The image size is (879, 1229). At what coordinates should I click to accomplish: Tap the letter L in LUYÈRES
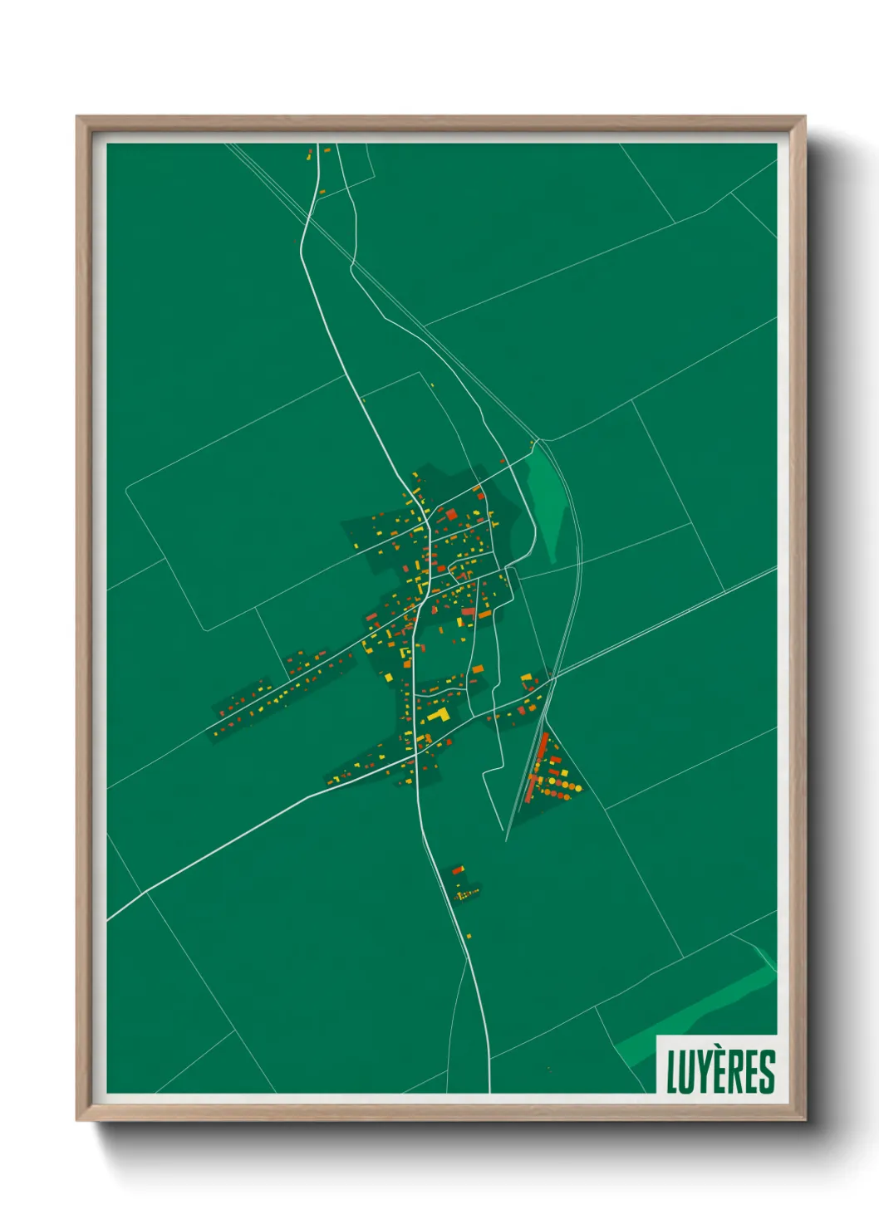pyautogui.click(x=672, y=1072)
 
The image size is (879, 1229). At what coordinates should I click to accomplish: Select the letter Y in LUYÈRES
pyautogui.click(x=701, y=1072)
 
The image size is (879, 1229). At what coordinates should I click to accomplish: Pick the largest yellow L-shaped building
pyautogui.click(x=439, y=714)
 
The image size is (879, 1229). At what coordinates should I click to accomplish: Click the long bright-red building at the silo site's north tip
pyautogui.click(x=543, y=747)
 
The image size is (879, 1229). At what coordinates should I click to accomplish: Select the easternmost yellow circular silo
pyautogui.click(x=578, y=789)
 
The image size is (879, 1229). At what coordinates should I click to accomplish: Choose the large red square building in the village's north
pyautogui.click(x=452, y=515)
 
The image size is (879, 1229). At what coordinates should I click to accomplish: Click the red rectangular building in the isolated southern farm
pyautogui.click(x=457, y=871)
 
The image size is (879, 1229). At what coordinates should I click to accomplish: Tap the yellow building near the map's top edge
pyautogui.click(x=309, y=155)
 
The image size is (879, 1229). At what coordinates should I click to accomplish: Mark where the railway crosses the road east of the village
pyautogui.click(x=552, y=679)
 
